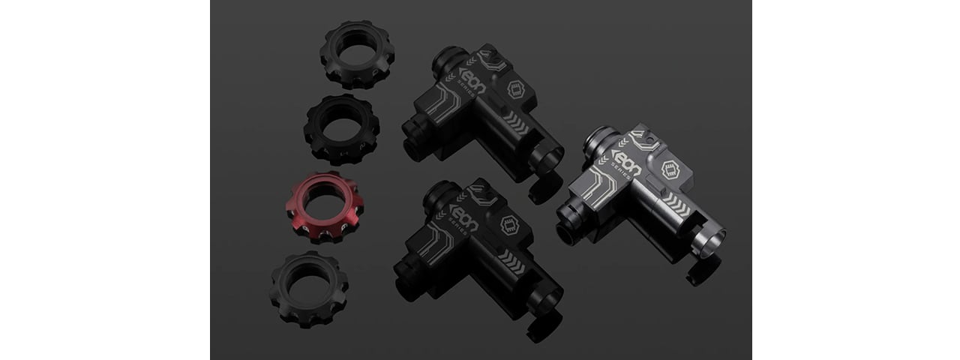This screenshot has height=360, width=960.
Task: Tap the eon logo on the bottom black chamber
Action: tap(463, 217)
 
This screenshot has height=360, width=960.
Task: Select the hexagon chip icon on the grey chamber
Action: tap(670, 170)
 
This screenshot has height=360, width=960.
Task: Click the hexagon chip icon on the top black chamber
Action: tap(516, 89)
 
